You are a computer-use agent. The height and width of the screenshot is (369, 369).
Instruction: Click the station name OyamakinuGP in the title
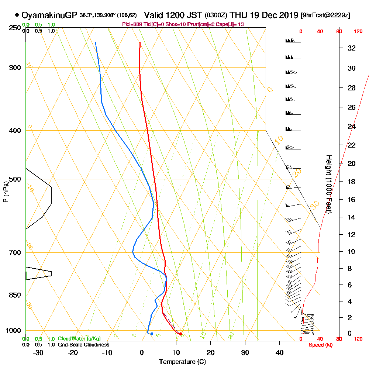pos(50,15)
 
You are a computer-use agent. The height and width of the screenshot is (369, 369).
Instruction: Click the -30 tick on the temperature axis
pos(38,353)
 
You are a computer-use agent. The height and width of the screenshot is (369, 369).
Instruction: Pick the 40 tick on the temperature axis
pos(279,353)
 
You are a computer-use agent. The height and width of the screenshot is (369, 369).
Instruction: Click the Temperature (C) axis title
pos(182,362)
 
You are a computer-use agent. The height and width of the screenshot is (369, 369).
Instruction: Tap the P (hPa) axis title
pos(6,192)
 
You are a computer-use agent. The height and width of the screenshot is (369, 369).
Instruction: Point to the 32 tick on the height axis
pos(352,48)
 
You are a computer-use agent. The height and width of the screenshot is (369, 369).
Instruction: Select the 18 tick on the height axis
pos(352,182)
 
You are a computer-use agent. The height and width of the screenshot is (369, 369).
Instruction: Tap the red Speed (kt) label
pos(320,345)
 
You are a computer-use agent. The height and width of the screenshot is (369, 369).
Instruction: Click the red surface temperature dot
pos(180,334)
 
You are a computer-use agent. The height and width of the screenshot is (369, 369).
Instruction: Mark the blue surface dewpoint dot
pos(152,334)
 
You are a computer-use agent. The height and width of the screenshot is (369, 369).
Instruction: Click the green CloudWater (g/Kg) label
pos(79,339)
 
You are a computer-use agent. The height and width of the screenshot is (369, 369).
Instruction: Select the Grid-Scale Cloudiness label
pos(83,345)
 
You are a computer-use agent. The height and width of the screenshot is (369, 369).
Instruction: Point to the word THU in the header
pos(237,15)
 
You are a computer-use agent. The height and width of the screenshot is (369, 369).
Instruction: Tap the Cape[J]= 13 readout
pos(231,24)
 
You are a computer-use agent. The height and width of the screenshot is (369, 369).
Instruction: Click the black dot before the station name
pos(17,15)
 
